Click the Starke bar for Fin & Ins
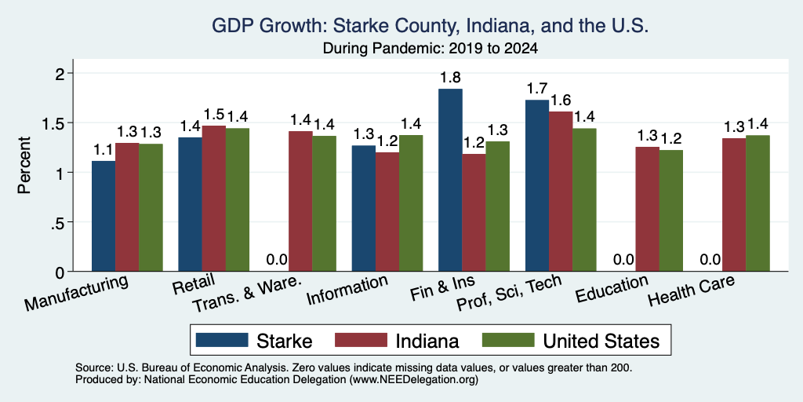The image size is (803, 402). [x=450, y=180]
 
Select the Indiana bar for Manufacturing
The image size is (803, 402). [x=127, y=207]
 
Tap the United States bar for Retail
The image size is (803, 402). [x=237, y=199]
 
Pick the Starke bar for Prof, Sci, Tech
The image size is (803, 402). [x=536, y=185]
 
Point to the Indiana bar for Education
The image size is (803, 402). [x=647, y=209]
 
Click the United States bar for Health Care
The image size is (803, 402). [x=758, y=203]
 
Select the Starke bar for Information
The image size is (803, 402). [x=364, y=208]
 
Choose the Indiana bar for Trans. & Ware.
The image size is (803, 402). [x=300, y=201]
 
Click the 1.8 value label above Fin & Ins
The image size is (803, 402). [x=450, y=78]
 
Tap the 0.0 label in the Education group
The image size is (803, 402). [x=623, y=260]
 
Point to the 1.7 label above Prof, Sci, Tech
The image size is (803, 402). [x=536, y=89]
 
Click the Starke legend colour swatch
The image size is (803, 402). [x=222, y=340]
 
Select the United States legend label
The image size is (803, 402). [x=601, y=341]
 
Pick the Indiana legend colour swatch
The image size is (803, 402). [x=361, y=340]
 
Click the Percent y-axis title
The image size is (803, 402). [x=24, y=165]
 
